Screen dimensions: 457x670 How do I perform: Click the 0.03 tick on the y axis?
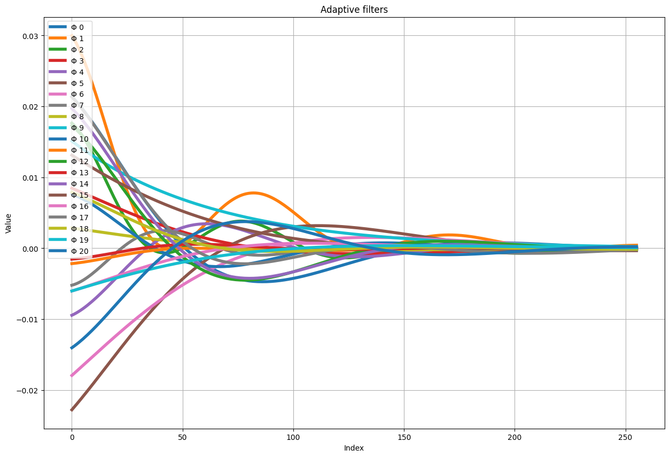point(30,36)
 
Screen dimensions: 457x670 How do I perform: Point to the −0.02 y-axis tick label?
point(28,390)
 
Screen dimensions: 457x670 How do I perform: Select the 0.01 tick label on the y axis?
point(30,177)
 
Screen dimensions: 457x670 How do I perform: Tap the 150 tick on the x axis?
point(404,438)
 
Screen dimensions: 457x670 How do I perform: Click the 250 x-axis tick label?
point(626,438)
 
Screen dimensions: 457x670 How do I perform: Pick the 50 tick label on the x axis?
point(183,438)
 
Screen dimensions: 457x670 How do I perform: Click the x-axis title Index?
point(354,448)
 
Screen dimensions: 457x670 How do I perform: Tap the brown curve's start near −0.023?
point(72,410)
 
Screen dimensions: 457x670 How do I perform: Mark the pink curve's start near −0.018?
point(72,375)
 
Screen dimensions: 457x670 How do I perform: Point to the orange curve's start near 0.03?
point(72,36)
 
